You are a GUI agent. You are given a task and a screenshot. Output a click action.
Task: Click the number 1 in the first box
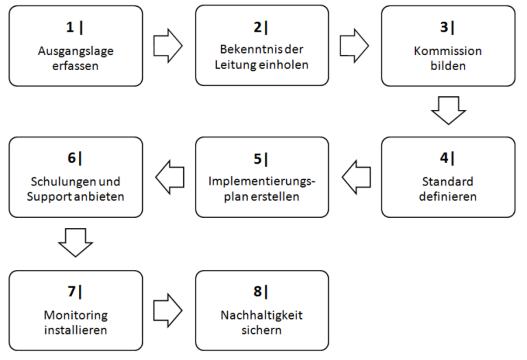coord(70,27)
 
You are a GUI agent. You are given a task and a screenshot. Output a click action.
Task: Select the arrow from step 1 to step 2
coord(168,46)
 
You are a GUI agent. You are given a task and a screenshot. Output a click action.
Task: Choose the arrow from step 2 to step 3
coord(354,46)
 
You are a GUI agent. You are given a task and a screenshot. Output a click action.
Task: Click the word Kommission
coord(448,51)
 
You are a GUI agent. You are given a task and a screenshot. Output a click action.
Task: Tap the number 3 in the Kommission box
coord(444,27)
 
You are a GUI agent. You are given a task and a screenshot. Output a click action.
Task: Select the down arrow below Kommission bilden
coord(448,110)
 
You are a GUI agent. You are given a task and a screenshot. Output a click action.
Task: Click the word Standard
coord(448,181)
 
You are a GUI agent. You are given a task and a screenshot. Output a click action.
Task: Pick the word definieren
coord(448,197)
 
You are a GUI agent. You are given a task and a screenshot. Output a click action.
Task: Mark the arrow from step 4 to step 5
coord(356,177)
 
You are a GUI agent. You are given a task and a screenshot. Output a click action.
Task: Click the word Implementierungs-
coord(262,181)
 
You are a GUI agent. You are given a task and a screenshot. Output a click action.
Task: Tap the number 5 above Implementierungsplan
coord(258,159)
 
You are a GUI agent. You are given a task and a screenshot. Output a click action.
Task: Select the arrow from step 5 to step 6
coord(170,177)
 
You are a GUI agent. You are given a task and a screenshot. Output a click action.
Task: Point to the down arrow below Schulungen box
coord(76,243)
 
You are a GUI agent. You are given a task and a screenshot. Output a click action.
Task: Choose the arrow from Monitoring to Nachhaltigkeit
coord(168,310)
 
